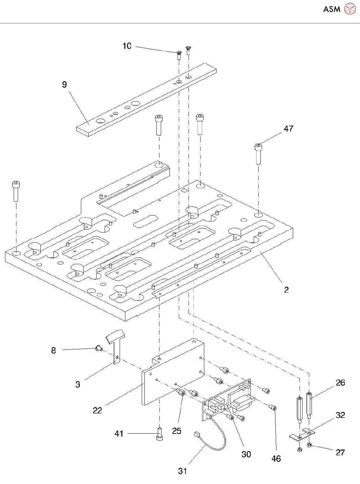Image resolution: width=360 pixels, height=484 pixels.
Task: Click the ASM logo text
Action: pyautogui.click(x=332, y=9)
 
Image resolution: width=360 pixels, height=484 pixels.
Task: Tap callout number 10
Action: pyautogui.click(x=127, y=46)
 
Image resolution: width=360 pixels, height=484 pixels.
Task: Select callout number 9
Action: pyautogui.click(x=64, y=85)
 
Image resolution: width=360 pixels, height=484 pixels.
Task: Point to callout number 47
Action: pyautogui.click(x=288, y=129)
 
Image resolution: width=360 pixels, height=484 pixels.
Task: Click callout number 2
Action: pyautogui.click(x=286, y=290)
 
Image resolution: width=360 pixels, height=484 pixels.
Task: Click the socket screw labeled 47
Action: pyautogui.click(x=258, y=154)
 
